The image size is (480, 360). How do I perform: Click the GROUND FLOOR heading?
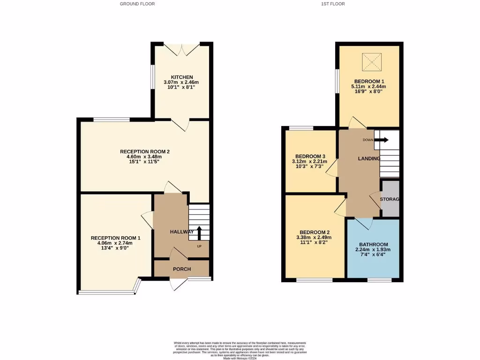click(137, 4)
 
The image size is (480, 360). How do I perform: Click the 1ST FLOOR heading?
click(333, 4)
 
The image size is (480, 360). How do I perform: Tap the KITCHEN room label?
click(181, 77)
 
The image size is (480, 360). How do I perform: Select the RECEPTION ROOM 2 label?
click(144, 151)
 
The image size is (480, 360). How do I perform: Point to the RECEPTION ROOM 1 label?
click(115, 238)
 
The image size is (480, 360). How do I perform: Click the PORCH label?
click(182, 269)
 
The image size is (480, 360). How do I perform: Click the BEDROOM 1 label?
click(368, 81)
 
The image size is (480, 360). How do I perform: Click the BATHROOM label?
click(373, 245)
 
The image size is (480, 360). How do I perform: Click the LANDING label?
click(369, 159)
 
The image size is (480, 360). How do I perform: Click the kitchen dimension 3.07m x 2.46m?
click(181, 82)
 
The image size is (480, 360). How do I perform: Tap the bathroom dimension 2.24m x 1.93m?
click(373, 250)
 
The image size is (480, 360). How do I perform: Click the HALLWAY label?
click(181, 232)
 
